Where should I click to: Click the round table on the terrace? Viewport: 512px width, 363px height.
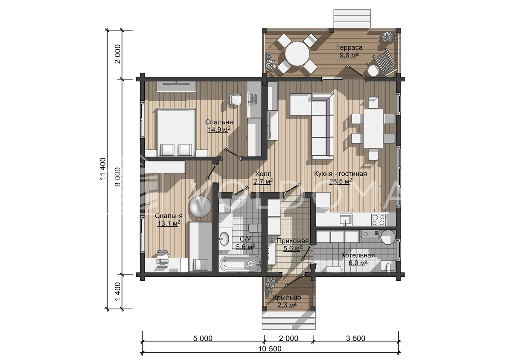click(x=297, y=53)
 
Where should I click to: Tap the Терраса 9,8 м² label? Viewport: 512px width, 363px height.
click(x=349, y=51)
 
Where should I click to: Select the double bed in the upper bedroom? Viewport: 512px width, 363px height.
click(x=176, y=133)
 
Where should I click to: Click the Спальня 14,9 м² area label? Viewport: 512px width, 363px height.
click(x=219, y=126)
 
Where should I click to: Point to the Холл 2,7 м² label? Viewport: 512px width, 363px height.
click(x=263, y=177)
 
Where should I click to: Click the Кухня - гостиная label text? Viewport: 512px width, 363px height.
click(x=340, y=174)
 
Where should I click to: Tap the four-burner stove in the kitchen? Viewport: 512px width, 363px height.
click(x=378, y=220)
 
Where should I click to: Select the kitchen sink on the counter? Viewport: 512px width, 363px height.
click(x=345, y=220)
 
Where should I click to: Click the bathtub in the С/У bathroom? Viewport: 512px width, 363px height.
click(x=240, y=264)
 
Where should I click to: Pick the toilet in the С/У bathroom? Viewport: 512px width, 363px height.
click(x=253, y=228)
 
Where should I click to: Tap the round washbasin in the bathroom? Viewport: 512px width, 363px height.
click(x=224, y=239)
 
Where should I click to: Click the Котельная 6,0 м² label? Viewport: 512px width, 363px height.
click(x=358, y=259)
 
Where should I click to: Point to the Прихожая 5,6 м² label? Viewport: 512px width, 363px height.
click(x=293, y=245)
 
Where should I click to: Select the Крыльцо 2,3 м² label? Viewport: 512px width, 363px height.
click(x=287, y=301)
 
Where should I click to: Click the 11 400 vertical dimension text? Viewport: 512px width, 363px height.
click(x=103, y=169)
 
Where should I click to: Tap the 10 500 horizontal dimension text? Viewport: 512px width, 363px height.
click(x=270, y=349)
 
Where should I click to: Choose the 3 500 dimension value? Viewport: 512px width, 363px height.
click(x=356, y=338)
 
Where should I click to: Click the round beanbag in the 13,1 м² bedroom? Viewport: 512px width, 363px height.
click(x=200, y=207)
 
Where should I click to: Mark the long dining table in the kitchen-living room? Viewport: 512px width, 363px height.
click(x=373, y=128)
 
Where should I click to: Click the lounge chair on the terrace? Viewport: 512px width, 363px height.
click(x=384, y=62)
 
